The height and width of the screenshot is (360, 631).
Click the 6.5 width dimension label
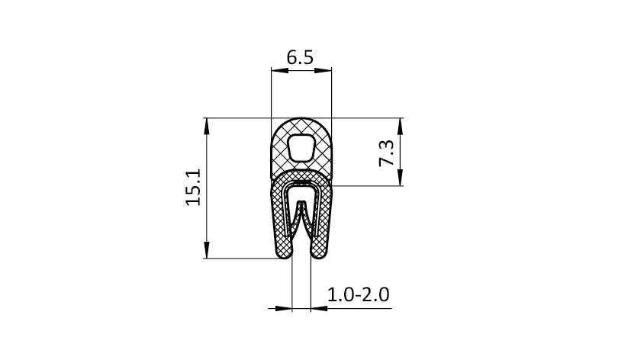pos(300,57)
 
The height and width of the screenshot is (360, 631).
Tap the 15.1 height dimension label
pos(193,188)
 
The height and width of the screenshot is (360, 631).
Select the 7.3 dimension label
pos(387,153)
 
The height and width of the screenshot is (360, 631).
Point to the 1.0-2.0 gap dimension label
pos(358,295)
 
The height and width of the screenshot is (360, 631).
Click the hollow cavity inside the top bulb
pos(301,147)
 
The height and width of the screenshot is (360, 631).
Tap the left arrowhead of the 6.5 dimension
pos(280,70)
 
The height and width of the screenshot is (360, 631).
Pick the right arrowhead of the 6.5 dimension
pos(323,70)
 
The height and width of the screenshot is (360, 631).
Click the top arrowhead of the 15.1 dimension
pos(207,127)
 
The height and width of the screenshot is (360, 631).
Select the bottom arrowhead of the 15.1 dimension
pos(207,249)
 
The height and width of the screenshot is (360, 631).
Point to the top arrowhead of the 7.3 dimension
pos(400,127)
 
